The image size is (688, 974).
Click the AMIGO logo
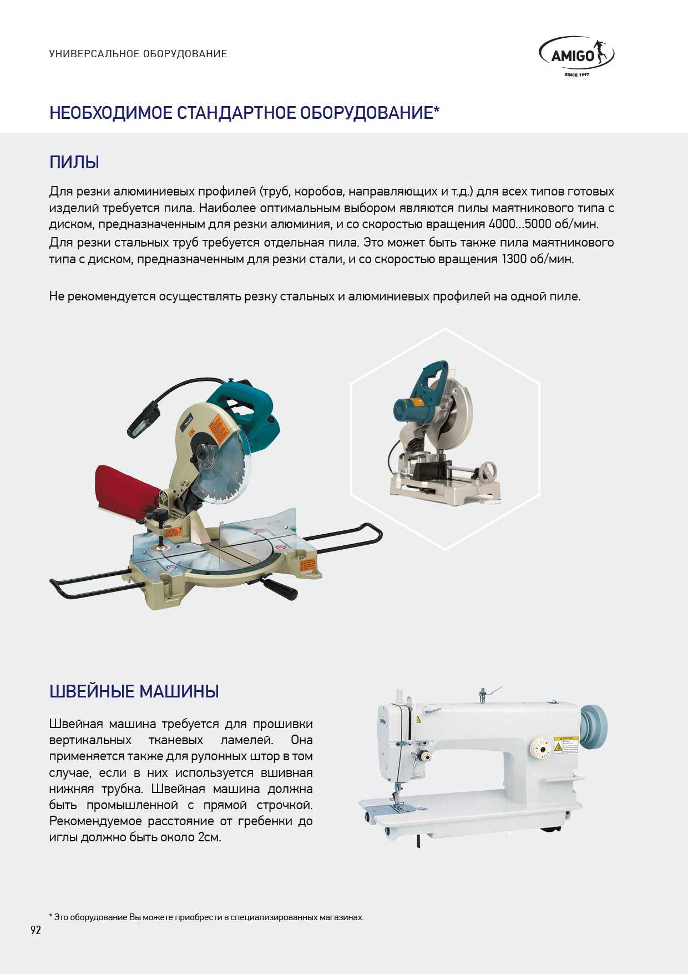coord(576,56)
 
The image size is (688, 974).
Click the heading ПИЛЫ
coord(74,163)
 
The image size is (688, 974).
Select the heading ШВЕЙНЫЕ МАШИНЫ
coord(134,691)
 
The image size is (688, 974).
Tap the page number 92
coord(36,930)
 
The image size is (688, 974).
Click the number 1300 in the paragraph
coord(515,259)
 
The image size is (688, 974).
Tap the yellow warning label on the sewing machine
coord(565,745)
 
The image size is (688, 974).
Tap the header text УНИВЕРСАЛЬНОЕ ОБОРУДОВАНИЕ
coord(138,54)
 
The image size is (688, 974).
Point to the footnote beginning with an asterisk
coord(206,917)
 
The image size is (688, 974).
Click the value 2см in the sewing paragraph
coord(209,837)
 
